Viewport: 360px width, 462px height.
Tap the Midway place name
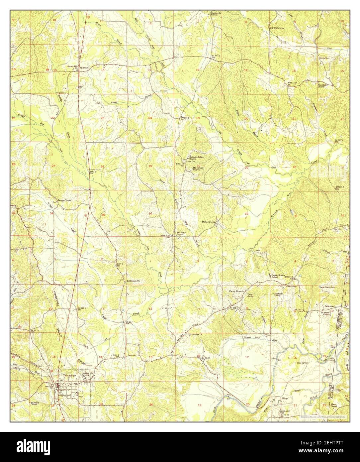(x=84, y=68)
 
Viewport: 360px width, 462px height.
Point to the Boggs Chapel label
(x=65, y=200)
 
